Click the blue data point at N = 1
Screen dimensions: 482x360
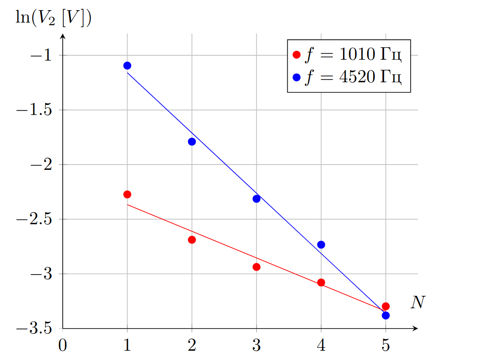127,66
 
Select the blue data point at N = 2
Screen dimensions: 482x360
192,142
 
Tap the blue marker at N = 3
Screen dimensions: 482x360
256,199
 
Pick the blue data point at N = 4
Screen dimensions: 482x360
321,245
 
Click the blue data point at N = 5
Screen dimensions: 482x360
386,315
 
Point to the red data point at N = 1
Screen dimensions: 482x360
127,195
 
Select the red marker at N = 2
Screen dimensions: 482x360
192,240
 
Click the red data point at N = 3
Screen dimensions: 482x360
256,267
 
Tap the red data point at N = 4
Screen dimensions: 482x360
321,283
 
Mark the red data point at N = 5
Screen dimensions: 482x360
386,306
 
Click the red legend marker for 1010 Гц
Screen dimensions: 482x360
297,55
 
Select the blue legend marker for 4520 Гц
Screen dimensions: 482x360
297,77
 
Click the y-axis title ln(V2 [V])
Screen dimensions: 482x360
54,18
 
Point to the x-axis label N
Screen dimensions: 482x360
418,302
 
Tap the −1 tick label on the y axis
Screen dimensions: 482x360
41,56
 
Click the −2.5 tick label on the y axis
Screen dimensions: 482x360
34,219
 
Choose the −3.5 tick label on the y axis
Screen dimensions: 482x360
34,329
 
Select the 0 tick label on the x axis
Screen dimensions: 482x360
63,345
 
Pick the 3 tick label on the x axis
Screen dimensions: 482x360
256,345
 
